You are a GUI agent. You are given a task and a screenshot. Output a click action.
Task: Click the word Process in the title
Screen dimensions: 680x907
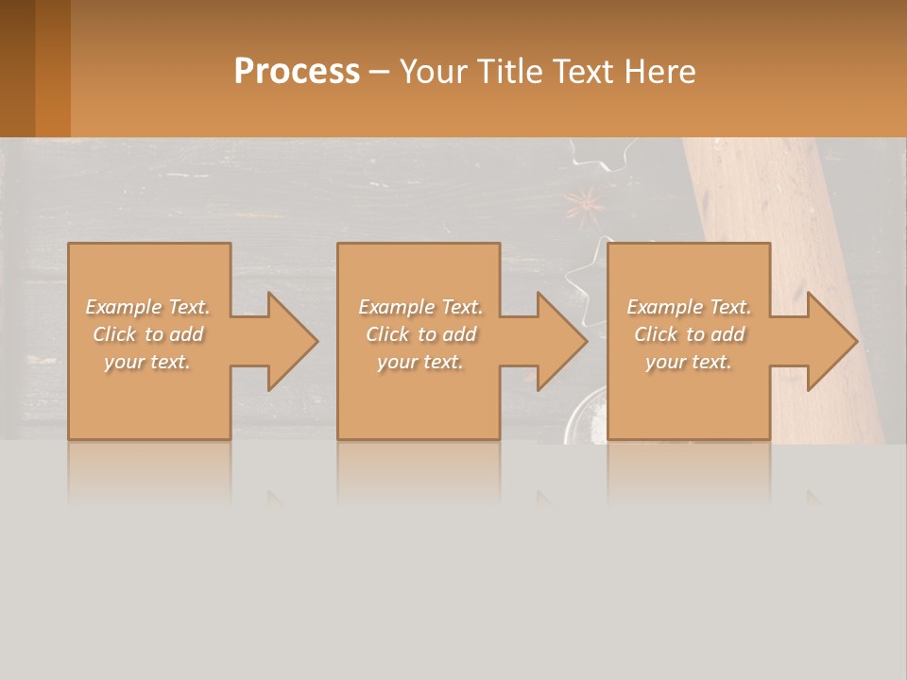point(297,72)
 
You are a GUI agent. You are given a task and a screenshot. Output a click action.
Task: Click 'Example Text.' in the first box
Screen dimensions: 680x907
point(147,307)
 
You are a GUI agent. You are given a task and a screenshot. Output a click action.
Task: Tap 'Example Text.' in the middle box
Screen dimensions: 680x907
point(419,307)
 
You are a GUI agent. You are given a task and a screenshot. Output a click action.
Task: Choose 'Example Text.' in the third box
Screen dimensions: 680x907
point(689,307)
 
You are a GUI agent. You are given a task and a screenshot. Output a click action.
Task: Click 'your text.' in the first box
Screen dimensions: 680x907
point(147,362)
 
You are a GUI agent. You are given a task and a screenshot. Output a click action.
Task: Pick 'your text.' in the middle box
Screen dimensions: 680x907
point(419,362)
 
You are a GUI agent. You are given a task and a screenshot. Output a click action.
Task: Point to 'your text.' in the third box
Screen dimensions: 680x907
point(689,362)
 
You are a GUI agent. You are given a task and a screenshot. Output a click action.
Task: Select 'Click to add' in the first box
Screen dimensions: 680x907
point(147,334)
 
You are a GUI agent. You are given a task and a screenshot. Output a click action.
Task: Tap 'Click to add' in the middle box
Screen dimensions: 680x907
point(419,334)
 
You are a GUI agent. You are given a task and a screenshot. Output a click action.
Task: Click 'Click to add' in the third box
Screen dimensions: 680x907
point(689,334)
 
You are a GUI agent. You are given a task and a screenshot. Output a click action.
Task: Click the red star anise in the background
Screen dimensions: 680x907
point(583,203)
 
